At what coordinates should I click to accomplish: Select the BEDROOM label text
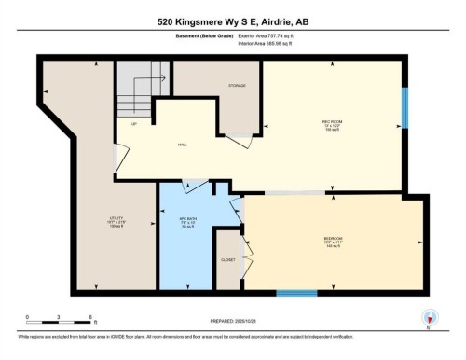(333, 240)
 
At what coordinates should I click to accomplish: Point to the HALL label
(183, 145)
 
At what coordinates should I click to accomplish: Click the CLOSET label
(227, 259)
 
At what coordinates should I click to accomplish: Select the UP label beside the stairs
(134, 123)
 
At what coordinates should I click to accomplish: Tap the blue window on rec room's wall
(404, 108)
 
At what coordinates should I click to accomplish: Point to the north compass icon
(428, 318)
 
